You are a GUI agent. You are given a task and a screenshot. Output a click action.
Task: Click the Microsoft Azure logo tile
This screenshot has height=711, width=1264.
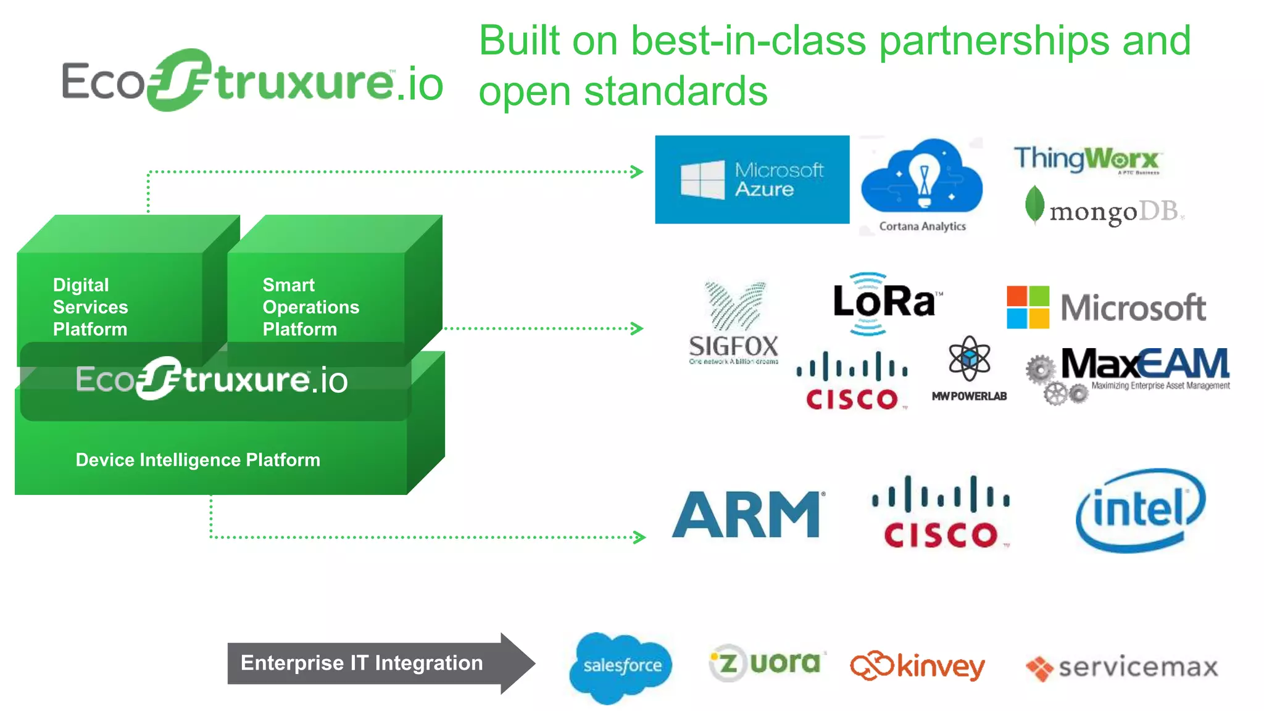point(752,180)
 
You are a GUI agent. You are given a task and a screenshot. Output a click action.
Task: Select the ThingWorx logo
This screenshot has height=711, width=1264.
point(1087,159)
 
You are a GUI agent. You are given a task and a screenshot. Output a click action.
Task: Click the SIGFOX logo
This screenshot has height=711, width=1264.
point(733,324)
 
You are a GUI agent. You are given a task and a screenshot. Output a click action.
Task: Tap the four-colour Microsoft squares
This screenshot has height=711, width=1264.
point(1028,307)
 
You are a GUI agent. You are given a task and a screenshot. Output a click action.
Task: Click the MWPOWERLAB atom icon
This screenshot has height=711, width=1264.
point(969,359)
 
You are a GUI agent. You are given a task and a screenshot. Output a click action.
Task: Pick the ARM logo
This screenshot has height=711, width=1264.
point(747,515)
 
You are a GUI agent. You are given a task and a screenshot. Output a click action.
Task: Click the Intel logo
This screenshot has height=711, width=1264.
point(1139,510)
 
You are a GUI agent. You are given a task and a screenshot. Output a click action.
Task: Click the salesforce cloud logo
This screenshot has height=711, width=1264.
point(621,667)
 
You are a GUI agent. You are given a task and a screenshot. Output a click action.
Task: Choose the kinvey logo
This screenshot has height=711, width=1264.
point(917,667)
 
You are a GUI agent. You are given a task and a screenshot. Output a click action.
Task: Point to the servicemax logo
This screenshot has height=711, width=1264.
point(1122,668)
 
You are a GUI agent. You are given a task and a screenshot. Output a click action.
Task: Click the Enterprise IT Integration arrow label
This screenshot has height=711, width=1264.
point(362,663)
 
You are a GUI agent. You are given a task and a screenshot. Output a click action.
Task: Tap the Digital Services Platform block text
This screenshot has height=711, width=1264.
point(90,307)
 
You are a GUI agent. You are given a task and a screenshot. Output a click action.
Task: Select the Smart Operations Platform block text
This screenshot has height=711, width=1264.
point(310,307)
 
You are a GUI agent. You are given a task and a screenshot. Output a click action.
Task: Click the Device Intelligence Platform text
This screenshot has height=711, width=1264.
point(197,460)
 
